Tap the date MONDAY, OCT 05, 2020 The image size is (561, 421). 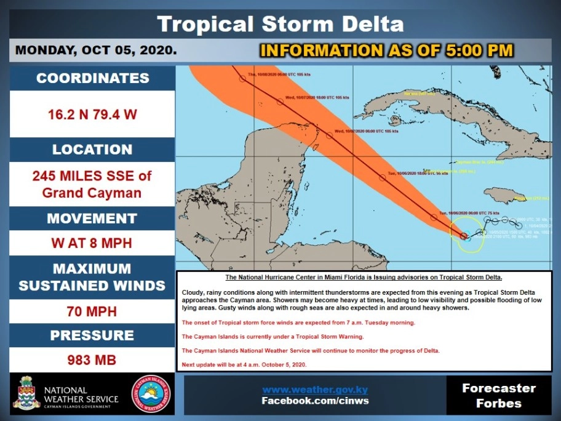(x=95, y=50)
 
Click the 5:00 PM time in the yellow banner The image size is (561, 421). (x=474, y=50)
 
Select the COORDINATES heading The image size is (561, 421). (x=92, y=78)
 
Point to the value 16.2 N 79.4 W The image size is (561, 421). (x=92, y=114)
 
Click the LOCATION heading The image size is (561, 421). (x=92, y=150)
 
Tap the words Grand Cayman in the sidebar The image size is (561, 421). (x=92, y=193)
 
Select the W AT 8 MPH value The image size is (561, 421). (x=92, y=243)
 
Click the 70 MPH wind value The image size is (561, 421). (x=92, y=311)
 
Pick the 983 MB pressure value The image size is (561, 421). (x=92, y=360)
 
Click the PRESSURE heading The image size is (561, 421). (x=92, y=335)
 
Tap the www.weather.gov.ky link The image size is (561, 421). (x=315, y=390)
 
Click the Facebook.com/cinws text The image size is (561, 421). (x=315, y=401)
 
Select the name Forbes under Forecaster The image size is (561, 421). (x=499, y=404)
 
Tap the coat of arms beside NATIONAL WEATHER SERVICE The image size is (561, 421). (x=26, y=393)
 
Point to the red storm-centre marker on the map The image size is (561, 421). (x=464, y=235)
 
